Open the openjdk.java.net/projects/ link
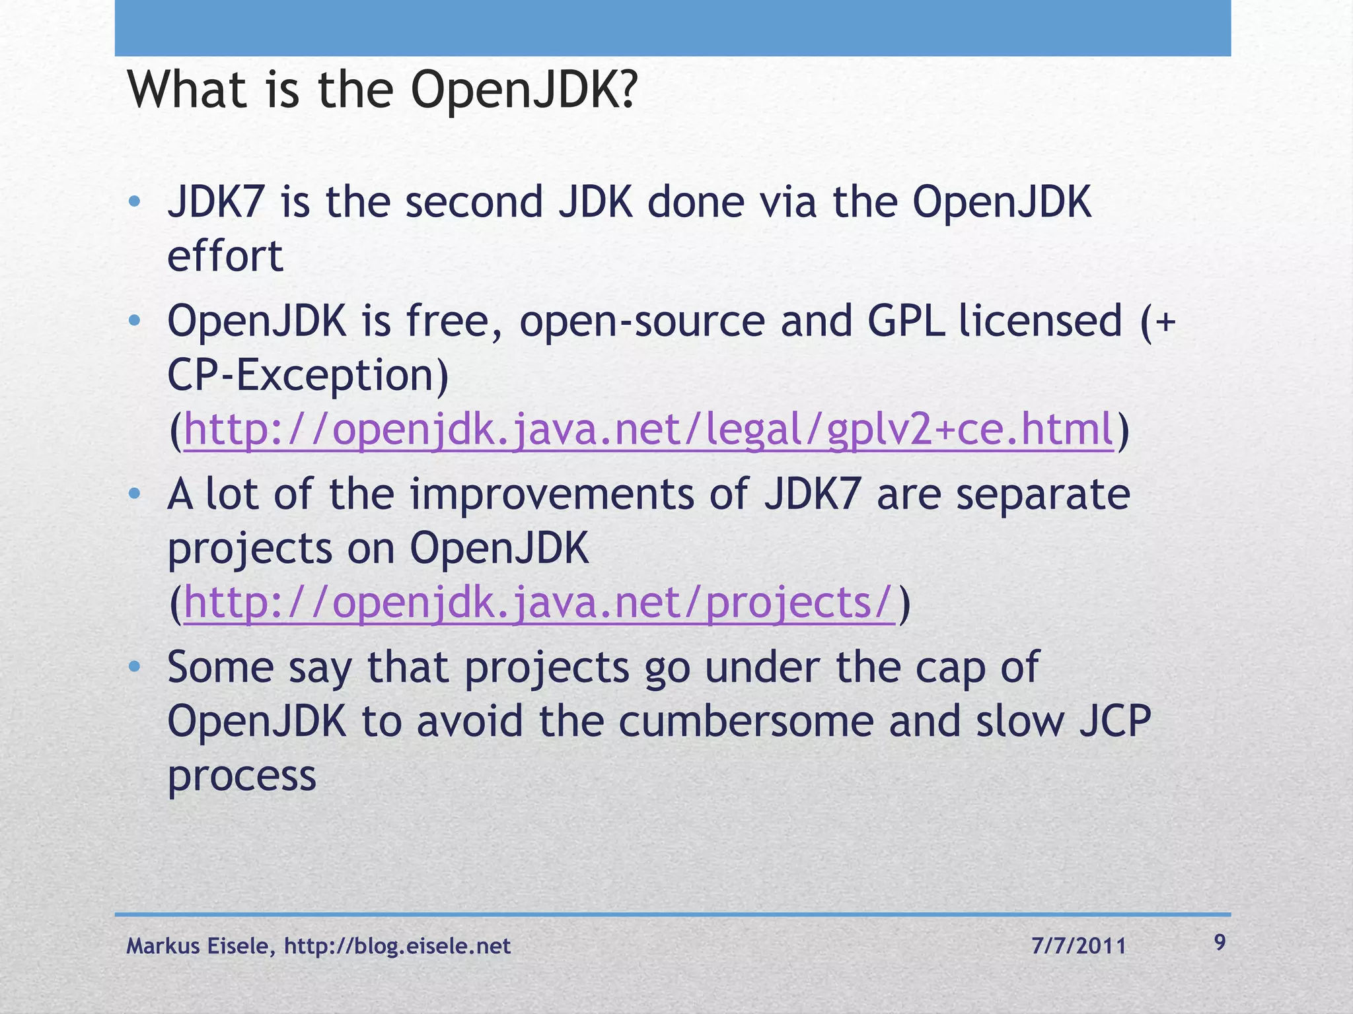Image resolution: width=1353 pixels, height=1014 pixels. pyautogui.click(x=538, y=603)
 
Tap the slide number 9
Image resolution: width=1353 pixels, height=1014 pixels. pyautogui.click(x=1220, y=942)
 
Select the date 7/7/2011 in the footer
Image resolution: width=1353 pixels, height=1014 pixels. pyautogui.click(x=1078, y=946)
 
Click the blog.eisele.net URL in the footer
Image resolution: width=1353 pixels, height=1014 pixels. pyautogui.click(x=397, y=946)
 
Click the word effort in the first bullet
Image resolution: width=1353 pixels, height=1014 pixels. pyautogui.click(x=225, y=256)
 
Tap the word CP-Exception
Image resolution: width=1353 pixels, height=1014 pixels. pyautogui.click(x=307, y=375)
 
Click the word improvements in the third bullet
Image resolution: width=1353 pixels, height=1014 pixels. pyautogui.click(x=552, y=494)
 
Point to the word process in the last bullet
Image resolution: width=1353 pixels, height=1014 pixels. pyautogui.click(x=242, y=776)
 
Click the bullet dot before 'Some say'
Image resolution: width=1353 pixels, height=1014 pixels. pyautogui.click(x=135, y=667)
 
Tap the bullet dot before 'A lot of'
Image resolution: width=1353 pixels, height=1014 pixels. pyautogui.click(x=135, y=494)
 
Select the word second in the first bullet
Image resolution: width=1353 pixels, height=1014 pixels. pyautogui.click(x=473, y=202)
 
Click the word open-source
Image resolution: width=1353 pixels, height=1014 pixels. pyautogui.click(x=641, y=321)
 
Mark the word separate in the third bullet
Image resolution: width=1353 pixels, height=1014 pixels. pyautogui.click(x=1042, y=494)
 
